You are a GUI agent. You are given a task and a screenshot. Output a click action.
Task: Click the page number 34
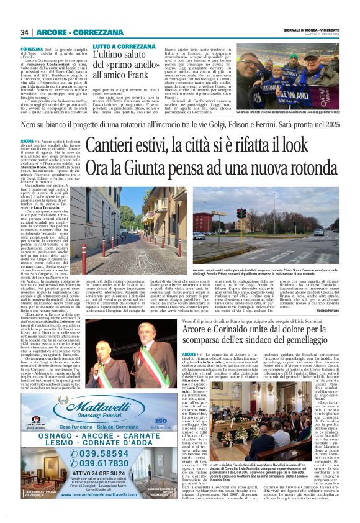point(24,32)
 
